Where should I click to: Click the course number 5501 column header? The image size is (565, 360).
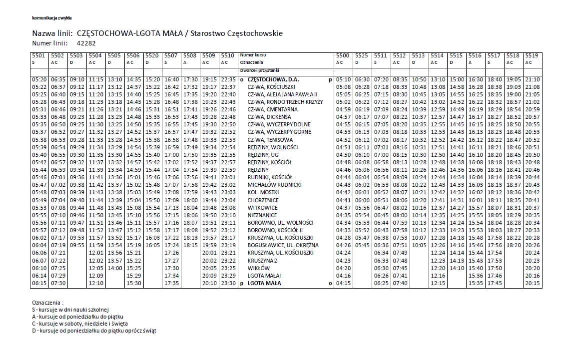coord(38,55)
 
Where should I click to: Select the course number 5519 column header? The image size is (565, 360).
coord(532,55)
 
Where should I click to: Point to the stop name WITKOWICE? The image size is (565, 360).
coord(263,207)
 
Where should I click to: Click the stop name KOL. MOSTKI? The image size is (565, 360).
coord(263,192)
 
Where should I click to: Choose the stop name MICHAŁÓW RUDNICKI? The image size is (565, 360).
coord(274,185)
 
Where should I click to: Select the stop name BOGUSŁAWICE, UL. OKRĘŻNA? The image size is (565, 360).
coord(283,245)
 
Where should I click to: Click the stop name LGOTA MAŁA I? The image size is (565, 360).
coord(265,275)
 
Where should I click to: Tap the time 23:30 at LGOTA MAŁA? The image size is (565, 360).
coord(228,283)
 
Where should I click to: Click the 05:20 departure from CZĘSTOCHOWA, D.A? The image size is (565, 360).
coord(39,79)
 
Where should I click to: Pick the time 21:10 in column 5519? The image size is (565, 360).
coord(533,79)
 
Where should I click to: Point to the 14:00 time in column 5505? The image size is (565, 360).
coord(115,268)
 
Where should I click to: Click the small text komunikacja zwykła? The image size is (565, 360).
coord(52,17)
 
